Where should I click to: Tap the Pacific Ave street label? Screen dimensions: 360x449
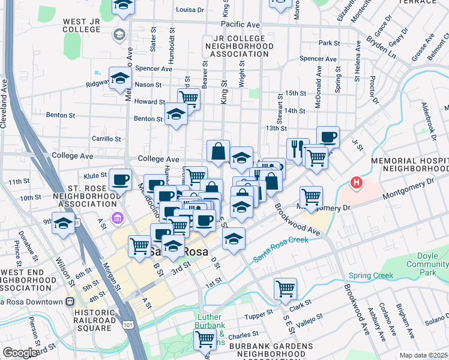(x=240, y=25)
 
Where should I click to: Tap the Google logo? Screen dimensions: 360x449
(x=20, y=353)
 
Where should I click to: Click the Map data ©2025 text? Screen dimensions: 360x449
(x=424, y=355)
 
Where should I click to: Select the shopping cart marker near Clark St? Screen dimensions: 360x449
(x=285, y=288)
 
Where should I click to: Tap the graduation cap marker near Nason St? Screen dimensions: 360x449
(x=120, y=78)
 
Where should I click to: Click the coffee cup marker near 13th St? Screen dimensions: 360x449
(x=327, y=137)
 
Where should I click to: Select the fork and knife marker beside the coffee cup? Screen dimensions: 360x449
(x=297, y=148)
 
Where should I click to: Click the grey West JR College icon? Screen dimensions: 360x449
(x=119, y=34)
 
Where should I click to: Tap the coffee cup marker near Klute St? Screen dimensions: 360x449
(x=120, y=179)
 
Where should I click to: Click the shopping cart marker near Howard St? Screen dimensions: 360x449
(x=188, y=98)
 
